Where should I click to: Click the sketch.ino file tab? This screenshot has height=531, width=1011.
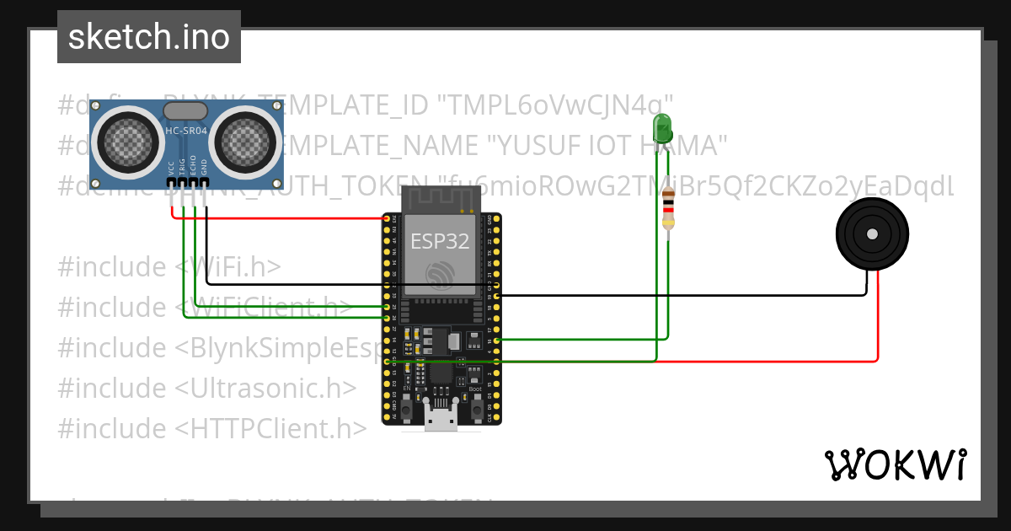pyautogui.click(x=149, y=37)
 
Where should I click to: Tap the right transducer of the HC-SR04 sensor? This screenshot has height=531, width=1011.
pyautogui.click(x=245, y=138)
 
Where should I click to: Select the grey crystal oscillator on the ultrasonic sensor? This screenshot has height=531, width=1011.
pyautogui.click(x=185, y=110)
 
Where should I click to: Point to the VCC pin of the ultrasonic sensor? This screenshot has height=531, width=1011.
pyautogui.click(x=172, y=181)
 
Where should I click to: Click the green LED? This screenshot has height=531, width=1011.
pyautogui.click(x=663, y=129)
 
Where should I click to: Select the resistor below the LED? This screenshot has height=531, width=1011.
pyautogui.click(x=669, y=208)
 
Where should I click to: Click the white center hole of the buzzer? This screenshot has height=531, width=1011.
pyautogui.click(x=872, y=233)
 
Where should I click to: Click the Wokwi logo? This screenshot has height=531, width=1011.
pyautogui.click(x=895, y=464)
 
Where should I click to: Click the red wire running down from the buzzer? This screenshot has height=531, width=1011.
pyautogui.click(x=878, y=320)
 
